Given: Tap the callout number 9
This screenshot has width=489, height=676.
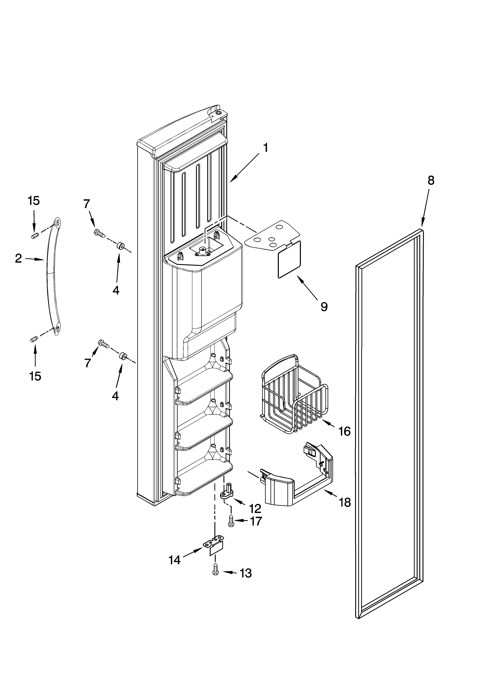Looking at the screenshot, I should coord(324,306).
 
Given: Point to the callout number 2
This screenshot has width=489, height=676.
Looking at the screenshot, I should coord(18,258).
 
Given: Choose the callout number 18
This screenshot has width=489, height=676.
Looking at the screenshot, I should coord(345,503).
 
